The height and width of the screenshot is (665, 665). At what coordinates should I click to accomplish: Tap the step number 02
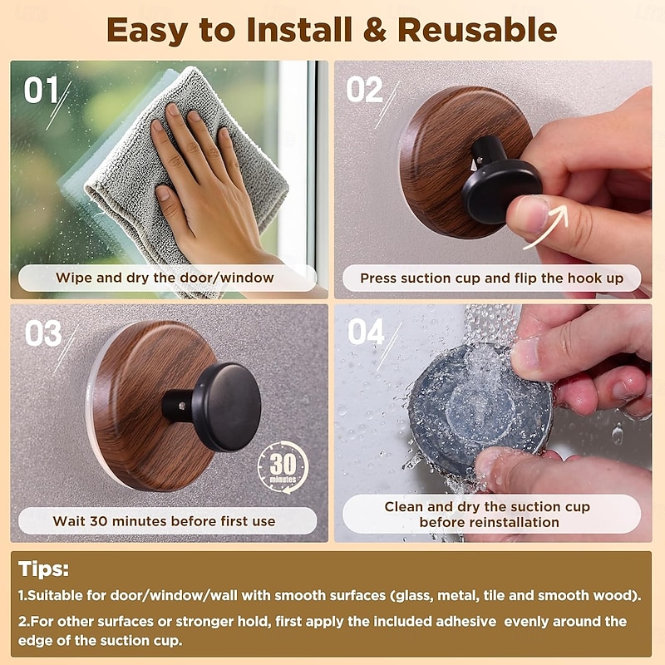(x=364, y=89)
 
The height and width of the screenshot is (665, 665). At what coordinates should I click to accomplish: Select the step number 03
(x=42, y=333)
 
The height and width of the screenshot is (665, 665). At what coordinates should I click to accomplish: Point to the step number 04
(x=366, y=332)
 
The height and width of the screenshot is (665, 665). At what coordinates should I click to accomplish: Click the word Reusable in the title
(x=476, y=30)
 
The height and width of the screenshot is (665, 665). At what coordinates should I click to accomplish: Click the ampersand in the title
(x=374, y=30)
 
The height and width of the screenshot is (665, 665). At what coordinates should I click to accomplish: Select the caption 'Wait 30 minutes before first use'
(x=164, y=521)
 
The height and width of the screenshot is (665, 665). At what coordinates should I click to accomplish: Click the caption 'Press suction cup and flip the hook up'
(x=491, y=278)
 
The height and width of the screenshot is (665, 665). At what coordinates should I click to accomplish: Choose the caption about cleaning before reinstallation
(x=487, y=515)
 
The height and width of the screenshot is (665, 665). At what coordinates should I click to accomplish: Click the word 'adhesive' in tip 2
(x=460, y=621)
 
